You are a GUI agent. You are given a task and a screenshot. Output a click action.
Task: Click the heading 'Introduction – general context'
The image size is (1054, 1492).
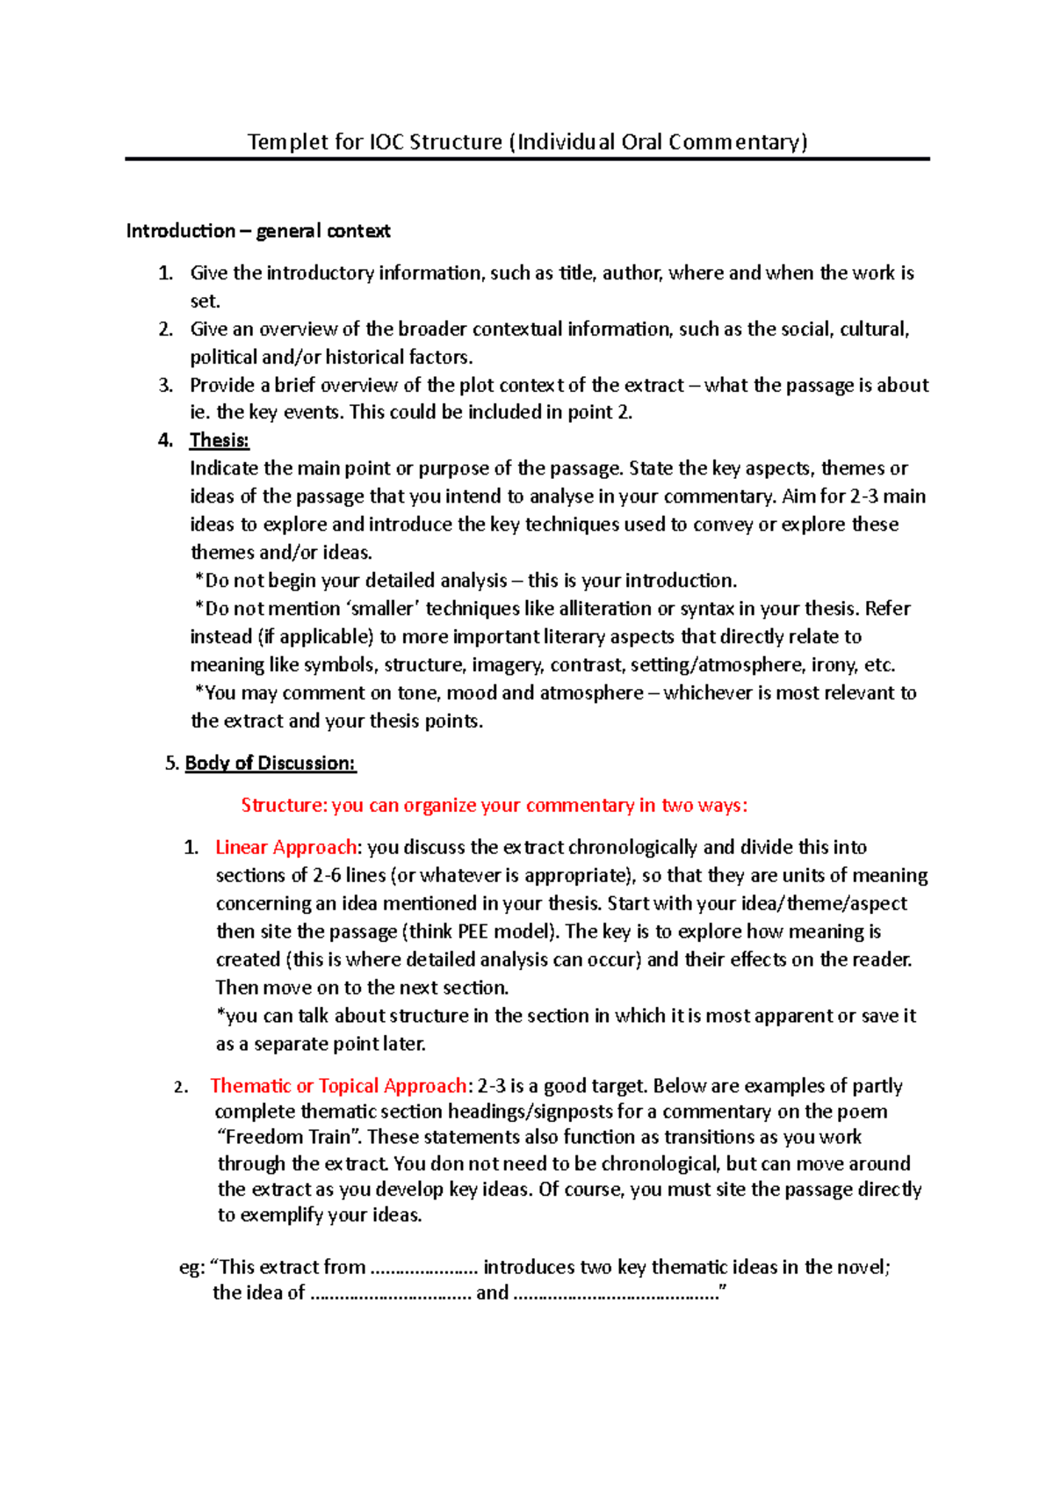(258, 231)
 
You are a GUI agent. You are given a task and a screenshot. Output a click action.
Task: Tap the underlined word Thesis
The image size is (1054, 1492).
(220, 440)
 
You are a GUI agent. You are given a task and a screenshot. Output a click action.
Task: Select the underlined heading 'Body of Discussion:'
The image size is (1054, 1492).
(271, 763)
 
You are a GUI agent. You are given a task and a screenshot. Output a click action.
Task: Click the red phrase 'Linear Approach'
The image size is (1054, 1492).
(285, 847)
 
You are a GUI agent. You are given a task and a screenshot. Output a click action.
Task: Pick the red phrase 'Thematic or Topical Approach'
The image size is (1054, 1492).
(338, 1086)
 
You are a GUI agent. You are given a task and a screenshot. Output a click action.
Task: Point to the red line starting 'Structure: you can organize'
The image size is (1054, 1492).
(494, 805)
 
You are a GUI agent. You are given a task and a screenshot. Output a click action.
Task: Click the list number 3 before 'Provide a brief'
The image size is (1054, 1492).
(165, 385)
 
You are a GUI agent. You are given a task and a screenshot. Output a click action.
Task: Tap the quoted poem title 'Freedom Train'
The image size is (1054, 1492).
(288, 1137)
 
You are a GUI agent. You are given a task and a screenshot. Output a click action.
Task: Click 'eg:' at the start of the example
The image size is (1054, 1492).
(191, 1267)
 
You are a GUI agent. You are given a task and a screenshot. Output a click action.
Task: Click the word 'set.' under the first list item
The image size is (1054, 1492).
(205, 301)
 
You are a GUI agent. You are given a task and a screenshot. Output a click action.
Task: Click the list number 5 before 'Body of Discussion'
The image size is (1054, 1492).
(170, 763)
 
